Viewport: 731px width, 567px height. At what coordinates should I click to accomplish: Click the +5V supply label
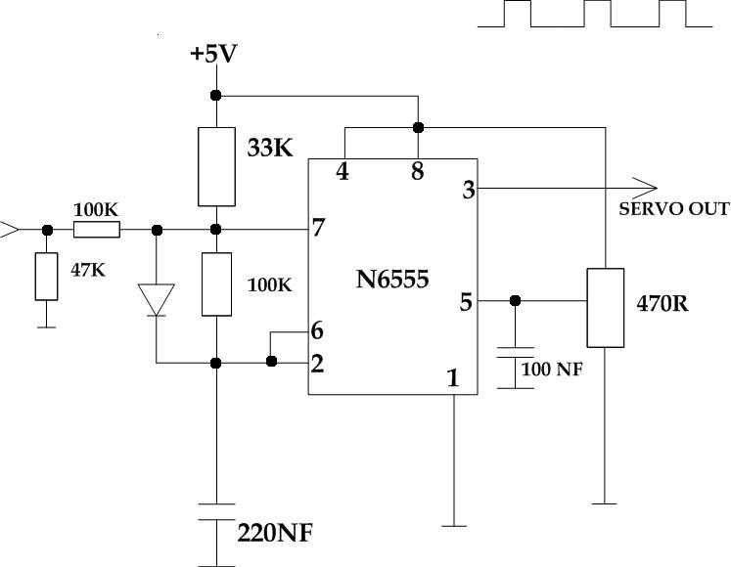[x=213, y=54]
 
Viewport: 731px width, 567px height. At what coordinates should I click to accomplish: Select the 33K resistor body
[x=215, y=166]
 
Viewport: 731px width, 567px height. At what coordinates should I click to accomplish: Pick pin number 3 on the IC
[x=469, y=191]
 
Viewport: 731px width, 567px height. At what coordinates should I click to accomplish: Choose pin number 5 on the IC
[x=466, y=302]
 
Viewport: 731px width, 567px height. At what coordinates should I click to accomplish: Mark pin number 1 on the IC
[x=452, y=378]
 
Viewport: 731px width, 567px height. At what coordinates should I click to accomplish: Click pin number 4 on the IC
[x=343, y=172]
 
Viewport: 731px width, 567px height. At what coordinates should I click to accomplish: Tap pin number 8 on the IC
[x=418, y=172]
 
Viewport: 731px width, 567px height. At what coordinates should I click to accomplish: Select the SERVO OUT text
[x=674, y=209]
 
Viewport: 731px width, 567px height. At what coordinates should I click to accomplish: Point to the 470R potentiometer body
[x=606, y=308]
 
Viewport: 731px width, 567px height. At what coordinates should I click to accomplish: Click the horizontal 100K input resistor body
[x=97, y=230]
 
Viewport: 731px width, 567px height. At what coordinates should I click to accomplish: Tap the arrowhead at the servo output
[x=646, y=186]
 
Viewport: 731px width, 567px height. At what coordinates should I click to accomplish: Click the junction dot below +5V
[x=215, y=95]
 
